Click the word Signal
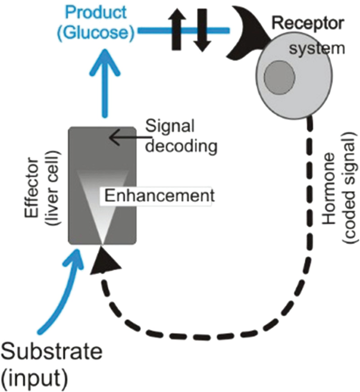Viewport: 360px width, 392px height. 170,126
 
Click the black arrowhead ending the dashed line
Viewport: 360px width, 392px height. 100,260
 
